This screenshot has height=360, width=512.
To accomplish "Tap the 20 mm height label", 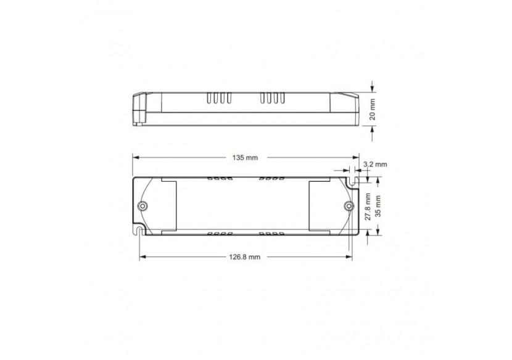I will (373, 109).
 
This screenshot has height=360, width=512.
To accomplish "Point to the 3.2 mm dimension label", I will (375, 165).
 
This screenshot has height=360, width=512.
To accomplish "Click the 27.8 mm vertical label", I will (368, 206).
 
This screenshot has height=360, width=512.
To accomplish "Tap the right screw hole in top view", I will (348, 205).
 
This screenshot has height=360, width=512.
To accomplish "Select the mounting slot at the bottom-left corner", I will (139, 232).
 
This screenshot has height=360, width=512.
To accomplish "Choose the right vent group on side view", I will (271, 99).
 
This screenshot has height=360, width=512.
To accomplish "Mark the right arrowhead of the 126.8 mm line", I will (349, 256).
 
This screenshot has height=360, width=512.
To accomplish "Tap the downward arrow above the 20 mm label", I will (373, 86).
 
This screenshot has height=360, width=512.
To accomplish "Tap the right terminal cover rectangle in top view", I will (321, 206).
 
